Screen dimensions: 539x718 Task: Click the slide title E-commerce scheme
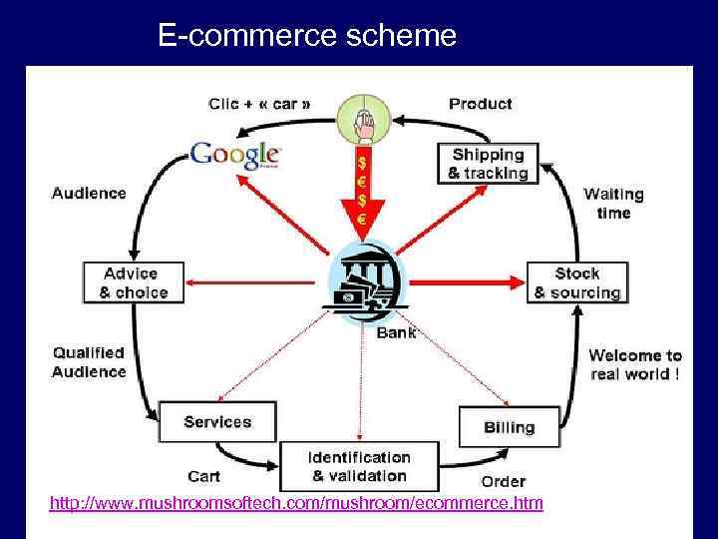307,37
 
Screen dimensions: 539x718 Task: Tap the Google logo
236,155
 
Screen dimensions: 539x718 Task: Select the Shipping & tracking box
488,164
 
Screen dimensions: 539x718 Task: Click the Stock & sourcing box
576,282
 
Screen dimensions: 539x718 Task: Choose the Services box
217,422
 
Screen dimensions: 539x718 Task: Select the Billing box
509,427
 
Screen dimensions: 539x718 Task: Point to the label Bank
396,332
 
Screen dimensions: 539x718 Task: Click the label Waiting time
613,203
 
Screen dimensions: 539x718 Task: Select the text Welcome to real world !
634,364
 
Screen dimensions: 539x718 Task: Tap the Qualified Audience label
89,362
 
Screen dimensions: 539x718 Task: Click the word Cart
203,475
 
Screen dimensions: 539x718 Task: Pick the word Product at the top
480,103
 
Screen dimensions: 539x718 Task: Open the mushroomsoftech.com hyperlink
296,503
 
